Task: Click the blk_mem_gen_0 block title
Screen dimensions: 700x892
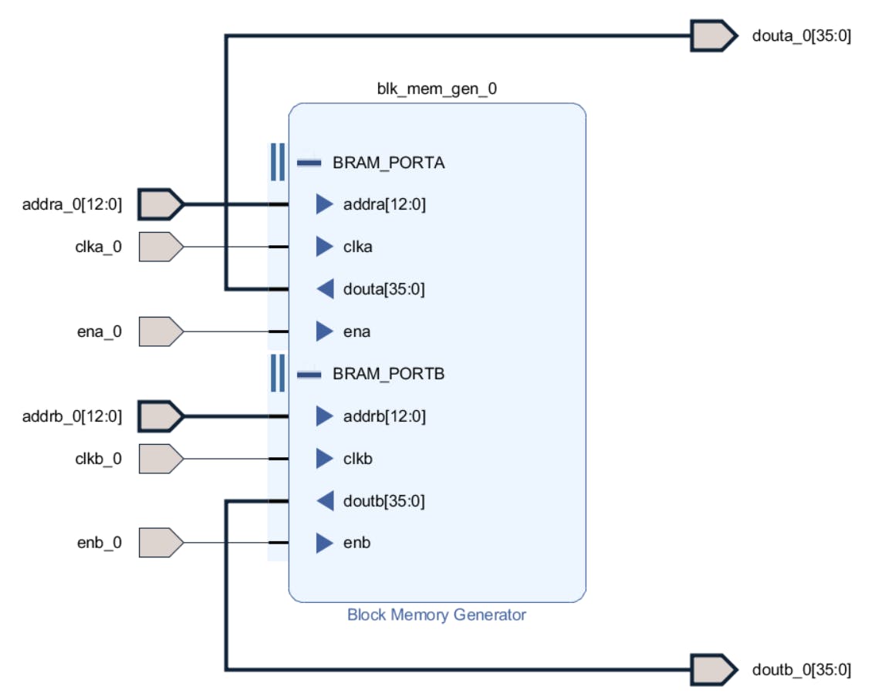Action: [x=437, y=89]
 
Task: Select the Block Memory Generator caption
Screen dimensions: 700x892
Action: [x=437, y=615]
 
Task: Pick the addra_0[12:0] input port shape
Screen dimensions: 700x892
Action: [x=160, y=204]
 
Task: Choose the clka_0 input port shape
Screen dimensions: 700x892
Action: [x=160, y=247]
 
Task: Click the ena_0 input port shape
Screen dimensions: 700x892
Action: [x=160, y=331]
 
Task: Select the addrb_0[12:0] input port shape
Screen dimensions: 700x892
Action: [x=160, y=416]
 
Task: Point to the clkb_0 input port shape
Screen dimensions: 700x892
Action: [x=160, y=459]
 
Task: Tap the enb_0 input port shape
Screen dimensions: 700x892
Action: [x=160, y=543]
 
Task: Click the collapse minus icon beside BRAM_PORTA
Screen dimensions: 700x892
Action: [x=309, y=163]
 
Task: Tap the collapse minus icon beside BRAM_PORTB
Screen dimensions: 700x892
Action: [x=309, y=375]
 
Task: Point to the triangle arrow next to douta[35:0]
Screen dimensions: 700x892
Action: [x=325, y=289]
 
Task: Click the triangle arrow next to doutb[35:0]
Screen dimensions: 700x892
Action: [x=325, y=501]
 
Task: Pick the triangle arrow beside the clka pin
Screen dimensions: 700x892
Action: [x=325, y=247]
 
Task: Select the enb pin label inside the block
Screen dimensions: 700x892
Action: [x=356, y=543]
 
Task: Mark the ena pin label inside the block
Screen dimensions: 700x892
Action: [x=356, y=331]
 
